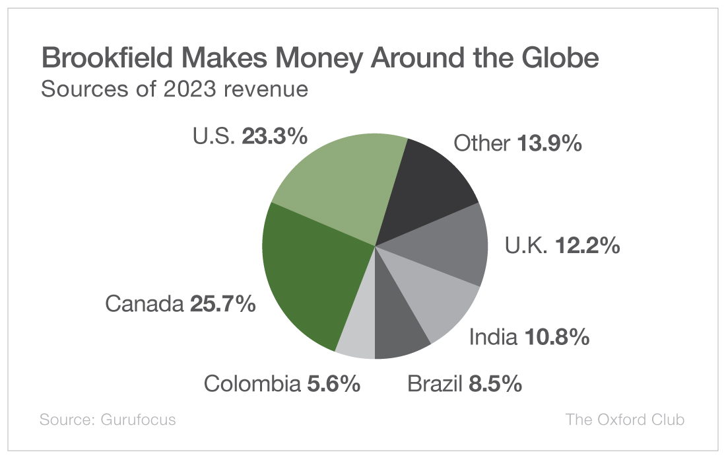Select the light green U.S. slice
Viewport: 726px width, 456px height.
point(337,182)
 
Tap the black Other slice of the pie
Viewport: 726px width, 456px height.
point(429,182)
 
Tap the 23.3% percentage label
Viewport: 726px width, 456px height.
point(275,137)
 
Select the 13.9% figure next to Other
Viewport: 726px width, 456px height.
point(549,143)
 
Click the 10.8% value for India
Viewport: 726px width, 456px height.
point(557,338)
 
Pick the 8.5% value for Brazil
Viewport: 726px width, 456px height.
point(495,383)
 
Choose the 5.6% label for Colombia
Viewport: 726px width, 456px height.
point(333,383)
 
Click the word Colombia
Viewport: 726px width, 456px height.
point(252,383)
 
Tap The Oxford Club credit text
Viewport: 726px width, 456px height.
point(624,420)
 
